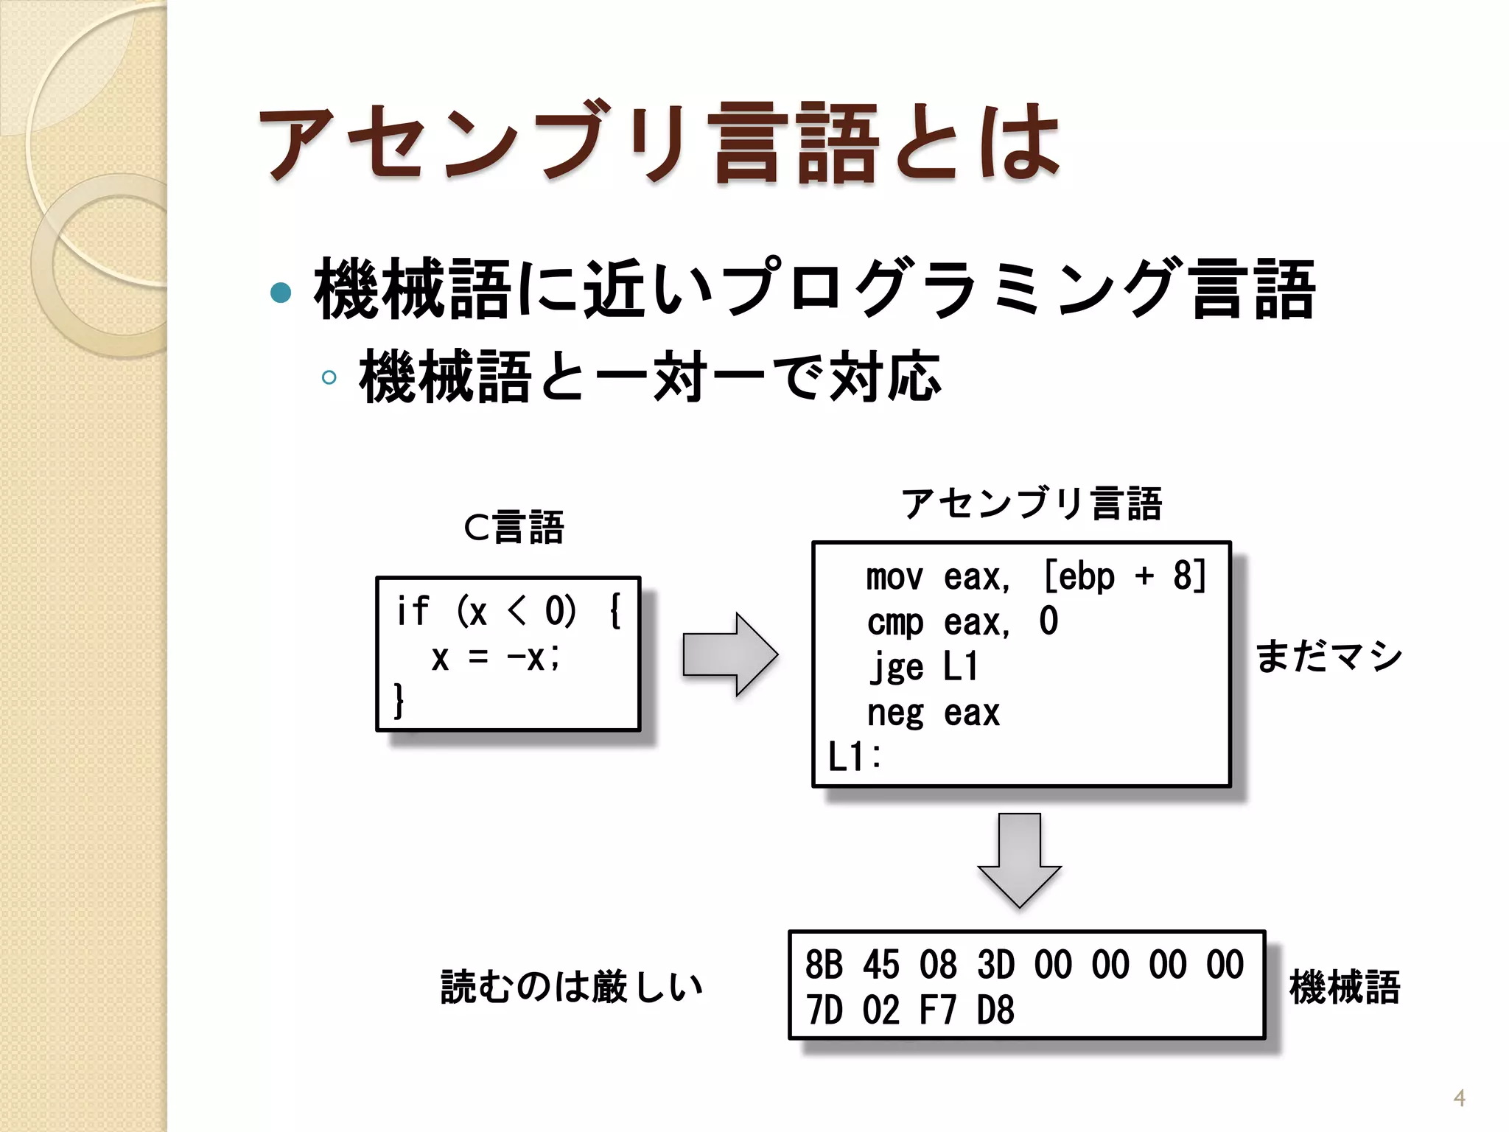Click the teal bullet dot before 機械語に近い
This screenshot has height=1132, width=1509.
coord(281,292)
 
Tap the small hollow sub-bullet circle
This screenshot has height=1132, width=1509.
coord(329,378)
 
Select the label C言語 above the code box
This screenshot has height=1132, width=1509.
coord(514,528)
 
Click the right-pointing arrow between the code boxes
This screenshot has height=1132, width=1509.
coord(729,654)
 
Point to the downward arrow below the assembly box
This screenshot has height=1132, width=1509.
coord(1019,859)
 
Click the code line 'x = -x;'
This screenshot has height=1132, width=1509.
coord(495,657)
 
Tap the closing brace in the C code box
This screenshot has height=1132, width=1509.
coord(399,700)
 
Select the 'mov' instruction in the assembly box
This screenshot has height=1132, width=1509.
coord(894,576)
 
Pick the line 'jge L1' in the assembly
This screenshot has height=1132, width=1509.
coord(923,667)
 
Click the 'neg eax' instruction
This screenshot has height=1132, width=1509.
coord(933,713)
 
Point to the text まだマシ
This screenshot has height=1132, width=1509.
coord(1328,656)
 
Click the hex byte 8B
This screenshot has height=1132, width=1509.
coord(824,965)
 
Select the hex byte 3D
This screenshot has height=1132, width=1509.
coord(995,965)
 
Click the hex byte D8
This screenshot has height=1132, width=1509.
coord(995,1010)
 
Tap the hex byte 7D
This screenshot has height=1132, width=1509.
coord(824,1010)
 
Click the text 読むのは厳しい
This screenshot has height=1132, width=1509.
coord(572,987)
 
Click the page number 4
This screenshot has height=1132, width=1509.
coord(1459,1099)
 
